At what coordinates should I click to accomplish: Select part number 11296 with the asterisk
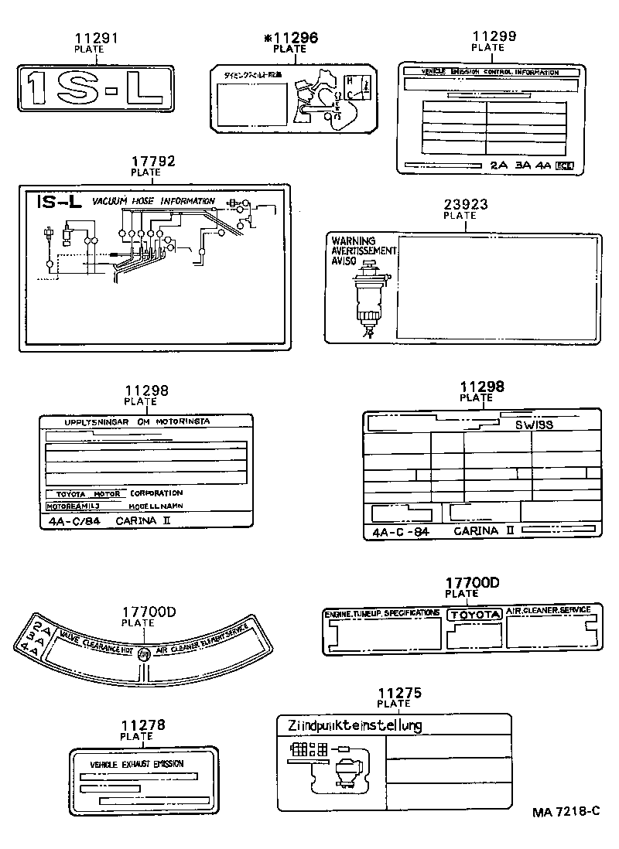coord(290,38)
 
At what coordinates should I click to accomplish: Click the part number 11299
coord(494,36)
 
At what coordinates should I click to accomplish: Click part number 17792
coord(152,162)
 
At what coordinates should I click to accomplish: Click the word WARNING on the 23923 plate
coord(354,241)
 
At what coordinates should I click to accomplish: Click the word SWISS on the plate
coord(534,424)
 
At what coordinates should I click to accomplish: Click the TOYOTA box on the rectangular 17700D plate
coord(475,615)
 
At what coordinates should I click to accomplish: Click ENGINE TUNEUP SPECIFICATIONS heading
coord(382,613)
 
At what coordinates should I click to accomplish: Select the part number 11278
coord(143,725)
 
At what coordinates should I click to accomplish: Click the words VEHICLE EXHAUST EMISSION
coord(137,764)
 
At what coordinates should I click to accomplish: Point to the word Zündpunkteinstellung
coord(354,725)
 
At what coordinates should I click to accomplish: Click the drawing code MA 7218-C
coord(566,812)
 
